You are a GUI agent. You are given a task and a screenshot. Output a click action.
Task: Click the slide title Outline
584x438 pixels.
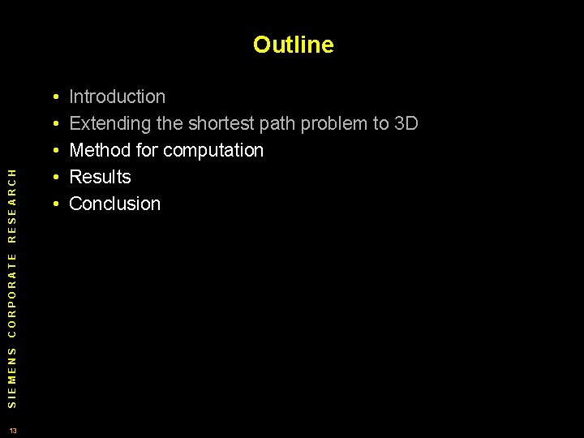(293, 45)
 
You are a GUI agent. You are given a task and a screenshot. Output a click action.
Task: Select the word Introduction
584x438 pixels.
(118, 97)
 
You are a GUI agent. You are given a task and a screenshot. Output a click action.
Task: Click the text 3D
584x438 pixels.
(406, 124)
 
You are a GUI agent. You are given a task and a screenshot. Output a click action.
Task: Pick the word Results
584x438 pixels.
(100, 178)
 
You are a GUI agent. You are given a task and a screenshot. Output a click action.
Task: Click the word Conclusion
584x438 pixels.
(115, 204)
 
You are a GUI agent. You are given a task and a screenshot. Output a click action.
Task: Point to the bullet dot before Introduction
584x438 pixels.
(53, 98)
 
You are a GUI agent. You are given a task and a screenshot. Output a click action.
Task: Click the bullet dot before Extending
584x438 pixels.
(53, 125)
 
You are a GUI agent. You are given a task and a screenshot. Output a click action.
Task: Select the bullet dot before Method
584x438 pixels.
(53, 152)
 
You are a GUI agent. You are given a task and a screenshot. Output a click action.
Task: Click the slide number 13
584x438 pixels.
(13, 429)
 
